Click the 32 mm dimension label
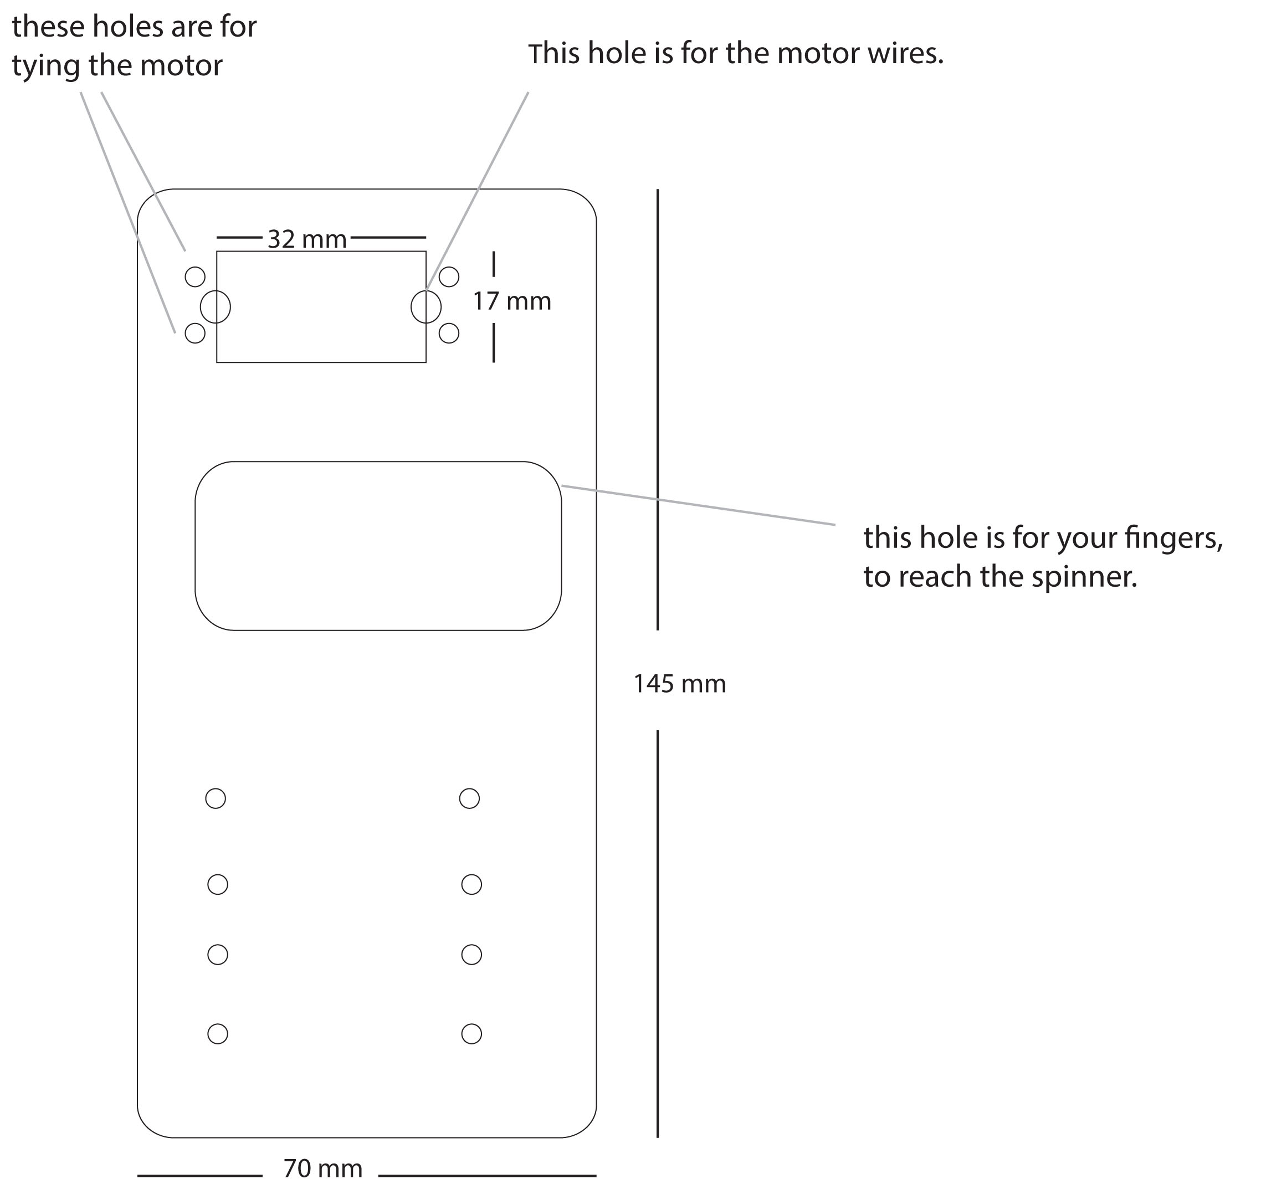pos(307,239)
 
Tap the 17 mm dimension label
pos(512,301)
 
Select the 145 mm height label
pos(679,684)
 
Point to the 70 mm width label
pos(323,1168)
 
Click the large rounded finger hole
pos(378,546)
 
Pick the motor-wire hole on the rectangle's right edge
pos(426,306)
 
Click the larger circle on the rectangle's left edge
pos(215,306)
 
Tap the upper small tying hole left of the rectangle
pos(195,277)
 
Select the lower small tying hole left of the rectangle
pos(195,332)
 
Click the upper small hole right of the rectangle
pos(449,277)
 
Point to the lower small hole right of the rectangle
pos(449,332)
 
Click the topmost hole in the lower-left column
pos(215,798)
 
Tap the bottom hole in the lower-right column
pos(471,1034)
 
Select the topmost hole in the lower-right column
pos(469,798)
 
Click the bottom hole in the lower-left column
pos(218,1034)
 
